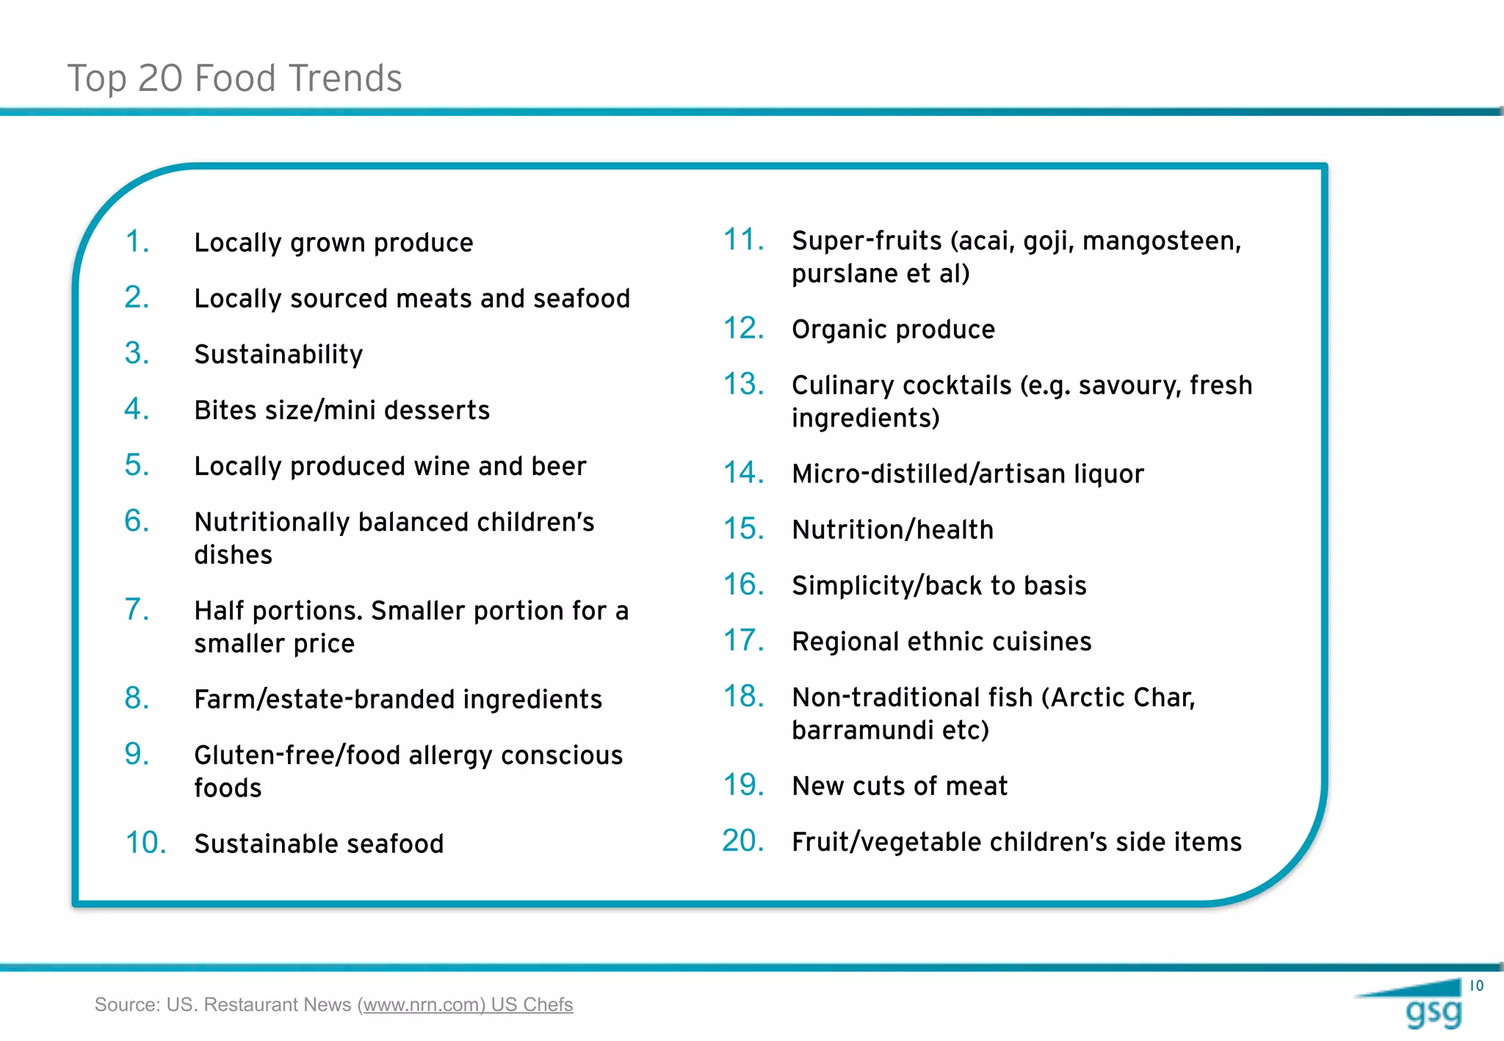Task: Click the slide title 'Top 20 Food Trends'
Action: [x=234, y=78]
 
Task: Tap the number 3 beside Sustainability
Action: [x=136, y=353]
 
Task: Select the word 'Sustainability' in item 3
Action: [x=278, y=355]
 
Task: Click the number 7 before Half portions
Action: [x=136, y=609]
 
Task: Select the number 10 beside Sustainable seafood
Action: [x=145, y=843]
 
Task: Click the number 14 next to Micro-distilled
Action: [x=743, y=473]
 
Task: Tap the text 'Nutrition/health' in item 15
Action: [x=892, y=529]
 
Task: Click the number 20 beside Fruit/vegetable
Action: [x=742, y=841]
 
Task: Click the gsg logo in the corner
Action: [x=1432, y=1012]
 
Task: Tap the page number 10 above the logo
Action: [x=1476, y=986]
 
